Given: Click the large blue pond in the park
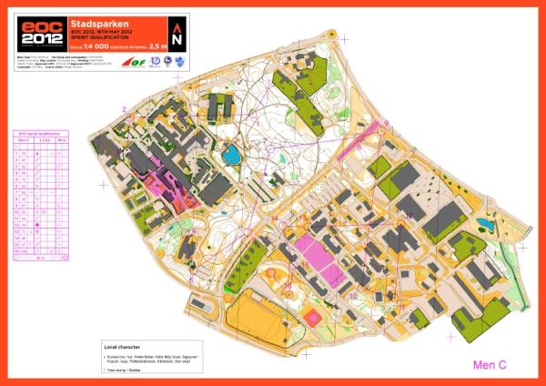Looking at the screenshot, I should click(x=234, y=155).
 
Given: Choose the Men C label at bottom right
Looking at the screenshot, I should click(x=490, y=365).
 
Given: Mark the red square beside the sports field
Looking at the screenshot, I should click(x=314, y=317).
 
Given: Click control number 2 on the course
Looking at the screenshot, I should click(x=123, y=109).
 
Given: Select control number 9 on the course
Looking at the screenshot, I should click(x=386, y=123).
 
